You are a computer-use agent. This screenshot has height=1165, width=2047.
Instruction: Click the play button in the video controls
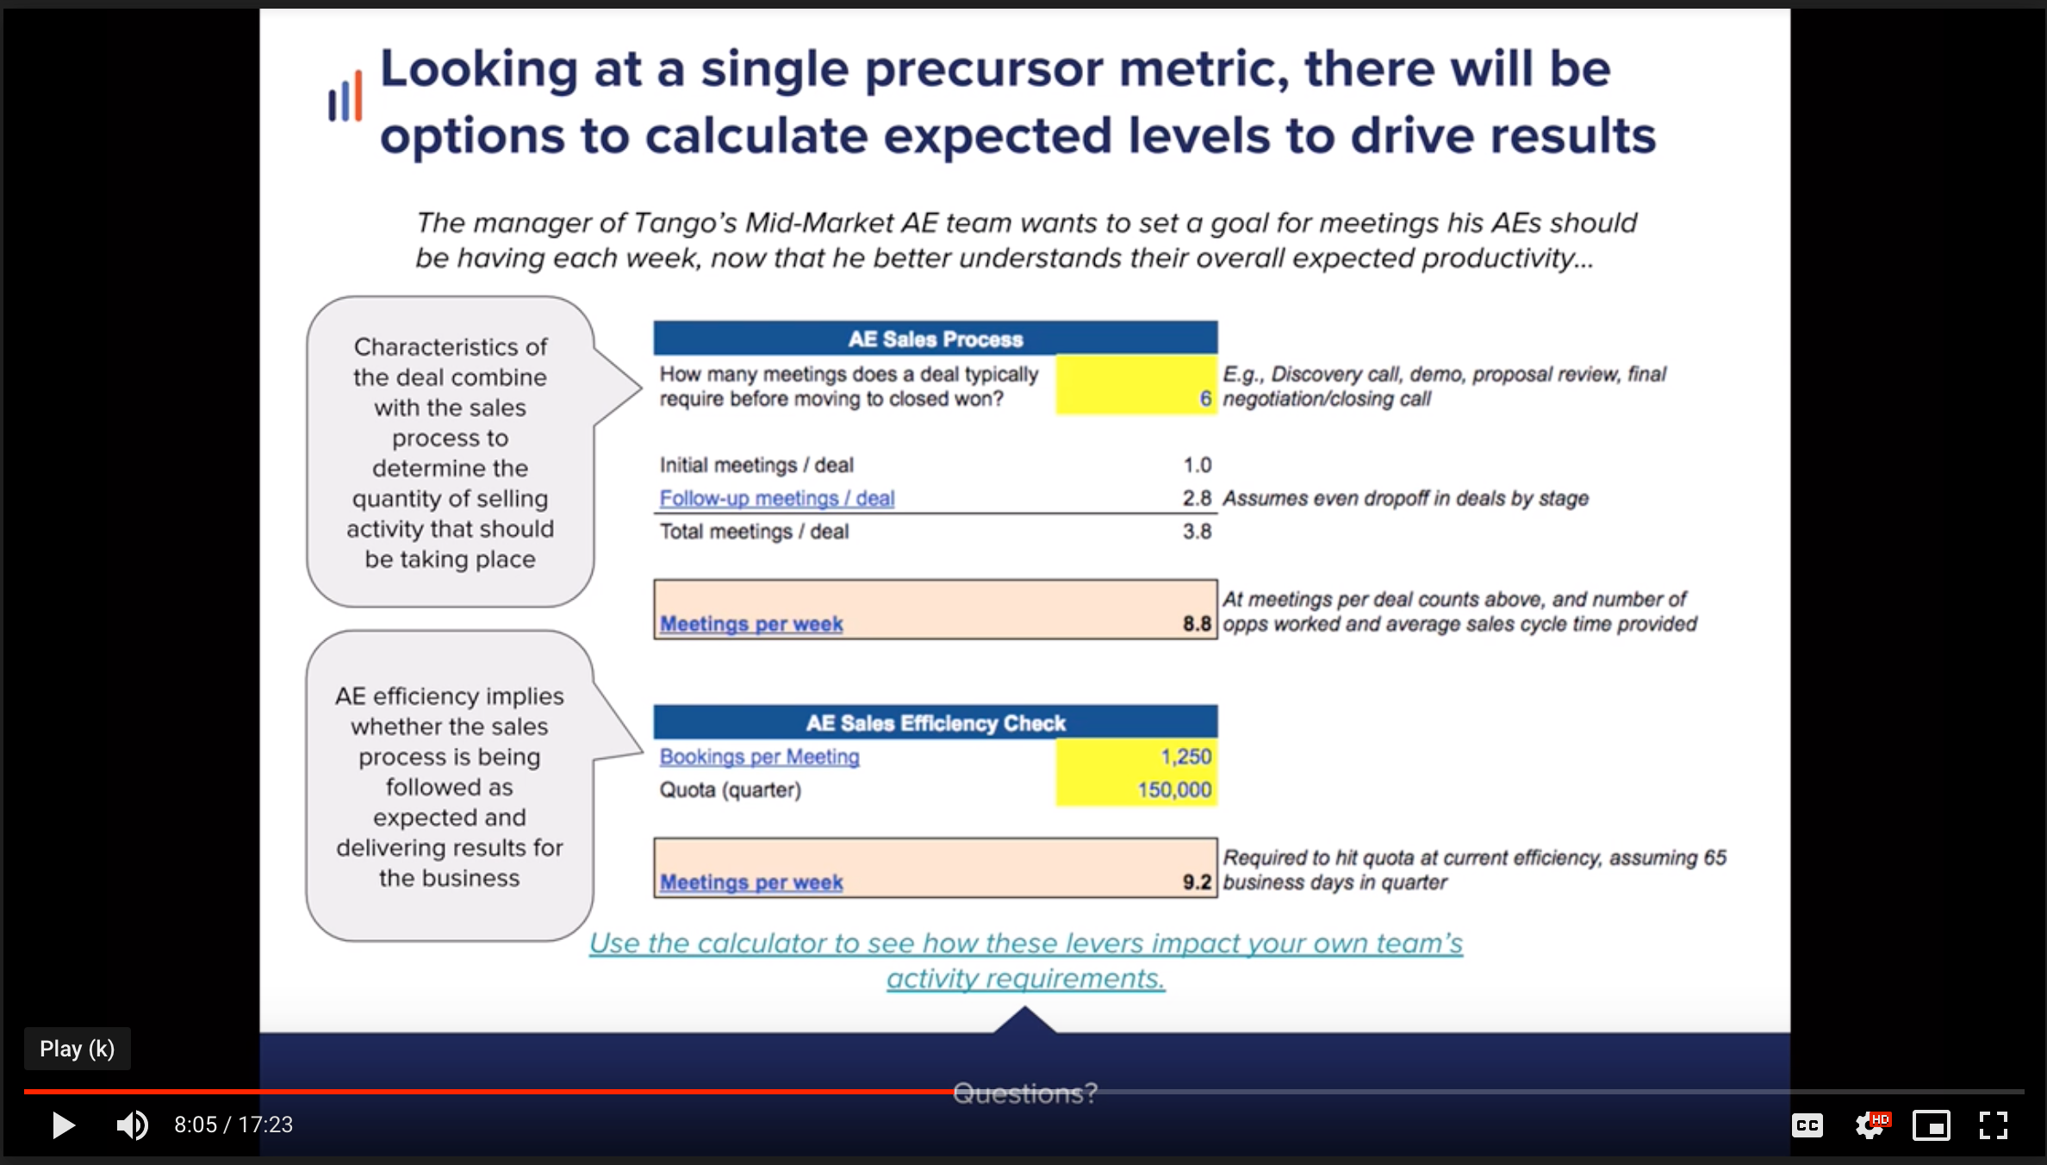63,1125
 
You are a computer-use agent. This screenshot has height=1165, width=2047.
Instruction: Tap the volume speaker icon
132,1125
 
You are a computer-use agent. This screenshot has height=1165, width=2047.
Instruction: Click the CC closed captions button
1807,1125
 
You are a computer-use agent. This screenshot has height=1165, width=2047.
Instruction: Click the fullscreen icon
1993,1125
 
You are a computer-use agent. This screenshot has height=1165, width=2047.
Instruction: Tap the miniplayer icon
1931,1125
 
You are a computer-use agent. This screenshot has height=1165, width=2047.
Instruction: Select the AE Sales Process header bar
935,339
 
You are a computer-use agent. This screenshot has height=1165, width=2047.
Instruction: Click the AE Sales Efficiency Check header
935,723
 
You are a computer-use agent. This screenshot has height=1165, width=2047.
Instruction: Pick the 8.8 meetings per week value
1197,624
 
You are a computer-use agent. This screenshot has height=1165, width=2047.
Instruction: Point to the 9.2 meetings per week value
1197,882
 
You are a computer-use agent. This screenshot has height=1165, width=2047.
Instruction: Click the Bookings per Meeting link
759,757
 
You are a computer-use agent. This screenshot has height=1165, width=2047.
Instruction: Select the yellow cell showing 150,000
1136,789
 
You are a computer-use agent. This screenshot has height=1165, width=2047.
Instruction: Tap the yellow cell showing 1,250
1136,757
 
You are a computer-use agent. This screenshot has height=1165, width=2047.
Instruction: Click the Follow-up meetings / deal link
776,498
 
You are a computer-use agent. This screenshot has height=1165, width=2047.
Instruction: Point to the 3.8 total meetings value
1197,532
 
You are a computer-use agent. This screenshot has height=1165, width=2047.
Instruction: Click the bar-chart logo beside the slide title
345,97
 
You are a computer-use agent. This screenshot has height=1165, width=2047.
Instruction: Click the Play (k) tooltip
77,1049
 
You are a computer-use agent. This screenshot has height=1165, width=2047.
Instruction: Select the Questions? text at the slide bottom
1024,1093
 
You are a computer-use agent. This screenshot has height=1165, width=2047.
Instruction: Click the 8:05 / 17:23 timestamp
233,1125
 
